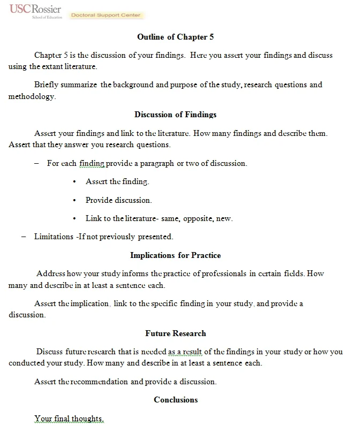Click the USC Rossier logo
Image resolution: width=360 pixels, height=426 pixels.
coord(35,11)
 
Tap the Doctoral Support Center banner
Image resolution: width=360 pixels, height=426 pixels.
coord(105,16)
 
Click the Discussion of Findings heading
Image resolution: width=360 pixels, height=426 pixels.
coord(176,115)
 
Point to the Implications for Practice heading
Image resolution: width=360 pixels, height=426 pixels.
coord(176,255)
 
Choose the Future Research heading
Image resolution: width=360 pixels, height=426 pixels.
coord(176,333)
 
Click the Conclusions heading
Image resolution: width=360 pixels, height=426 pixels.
coord(176,400)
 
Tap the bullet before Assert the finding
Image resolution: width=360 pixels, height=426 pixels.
coord(74,182)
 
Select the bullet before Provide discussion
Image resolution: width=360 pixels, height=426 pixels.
coord(74,200)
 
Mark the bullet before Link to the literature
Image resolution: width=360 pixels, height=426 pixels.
coord(74,218)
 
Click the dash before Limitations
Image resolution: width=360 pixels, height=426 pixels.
coord(24,237)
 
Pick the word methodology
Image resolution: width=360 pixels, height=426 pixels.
coord(31,97)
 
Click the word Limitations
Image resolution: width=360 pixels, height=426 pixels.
coord(53,237)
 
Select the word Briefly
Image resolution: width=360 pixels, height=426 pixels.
coord(47,85)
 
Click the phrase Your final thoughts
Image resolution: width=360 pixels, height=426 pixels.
coord(69,418)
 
